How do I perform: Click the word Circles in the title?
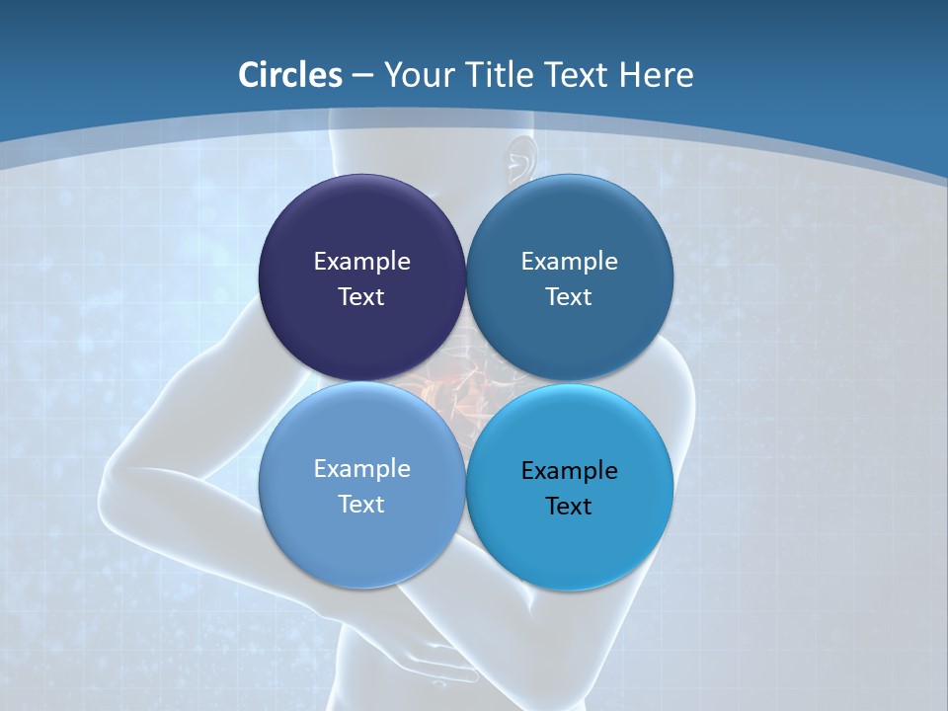(x=290, y=75)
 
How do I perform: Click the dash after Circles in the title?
(x=362, y=76)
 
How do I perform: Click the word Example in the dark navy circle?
(x=361, y=261)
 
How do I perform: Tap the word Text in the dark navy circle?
(x=361, y=296)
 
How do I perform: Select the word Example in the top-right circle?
(x=569, y=261)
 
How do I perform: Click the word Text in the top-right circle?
(x=569, y=296)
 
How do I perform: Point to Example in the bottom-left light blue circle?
(x=361, y=468)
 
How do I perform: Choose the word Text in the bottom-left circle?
(x=361, y=504)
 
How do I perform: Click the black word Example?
(x=569, y=470)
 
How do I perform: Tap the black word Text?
(x=569, y=506)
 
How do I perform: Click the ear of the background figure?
(x=520, y=158)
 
